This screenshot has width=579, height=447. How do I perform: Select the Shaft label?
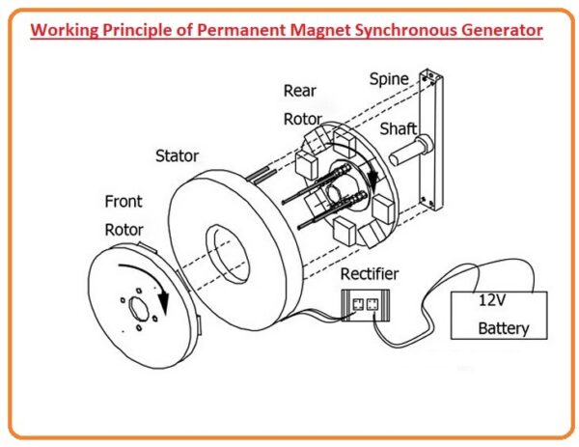(x=398, y=128)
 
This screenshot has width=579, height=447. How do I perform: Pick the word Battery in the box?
(x=503, y=328)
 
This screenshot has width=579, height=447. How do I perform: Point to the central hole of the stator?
(x=228, y=248)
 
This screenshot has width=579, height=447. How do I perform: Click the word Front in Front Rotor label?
(x=123, y=203)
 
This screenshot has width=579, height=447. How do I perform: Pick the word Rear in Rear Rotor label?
(x=299, y=91)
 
